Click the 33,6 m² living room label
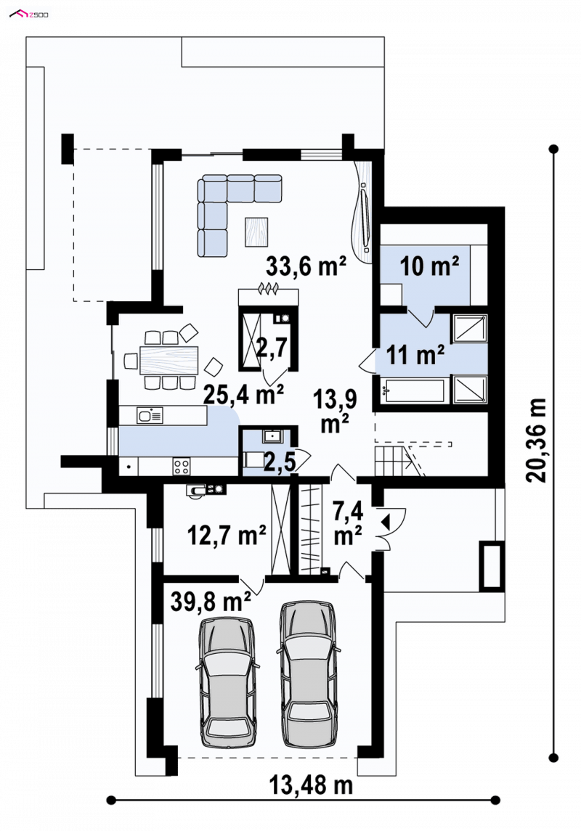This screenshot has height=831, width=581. pyautogui.click(x=306, y=266)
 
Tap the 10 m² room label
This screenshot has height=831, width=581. pyautogui.click(x=429, y=266)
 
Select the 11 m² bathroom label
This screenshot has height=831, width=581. pyautogui.click(x=415, y=355)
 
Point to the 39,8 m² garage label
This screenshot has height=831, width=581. pyautogui.click(x=211, y=602)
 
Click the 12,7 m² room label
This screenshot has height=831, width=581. pyautogui.click(x=227, y=536)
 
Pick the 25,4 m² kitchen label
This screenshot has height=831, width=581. pyautogui.click(x=244, y=394)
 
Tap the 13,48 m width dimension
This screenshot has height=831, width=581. pyautogui.click(x=311, y=785)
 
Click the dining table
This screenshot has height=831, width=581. pyautogui.click(x=169, y=360)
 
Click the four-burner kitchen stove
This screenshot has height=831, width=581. pyautogui.click(x=182, y=467)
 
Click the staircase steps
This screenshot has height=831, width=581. pyautogui.click(x=391, y=461)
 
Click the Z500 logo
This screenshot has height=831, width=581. pyautogui.click(x=28, y=14)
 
